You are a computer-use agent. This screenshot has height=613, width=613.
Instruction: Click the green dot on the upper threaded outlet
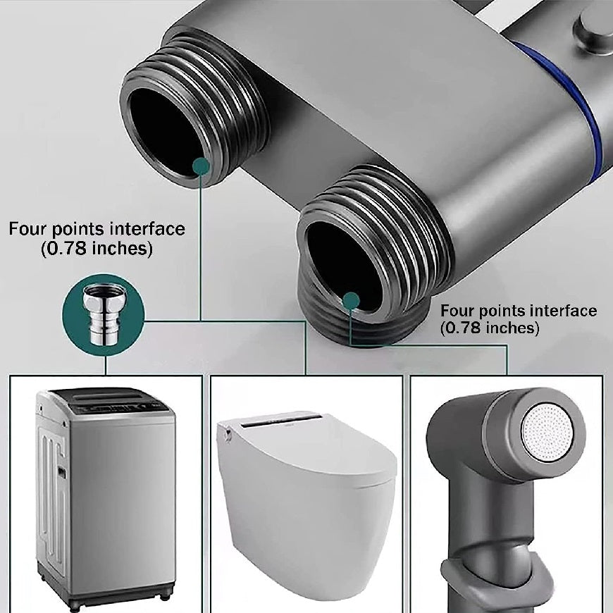[x=201, y=166]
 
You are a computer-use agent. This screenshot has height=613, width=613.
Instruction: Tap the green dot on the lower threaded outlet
[x=351, y=301]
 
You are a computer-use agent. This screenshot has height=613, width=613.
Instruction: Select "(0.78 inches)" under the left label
[x=97, y=248]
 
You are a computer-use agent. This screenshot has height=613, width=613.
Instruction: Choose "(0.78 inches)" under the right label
[x=490, y=328]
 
